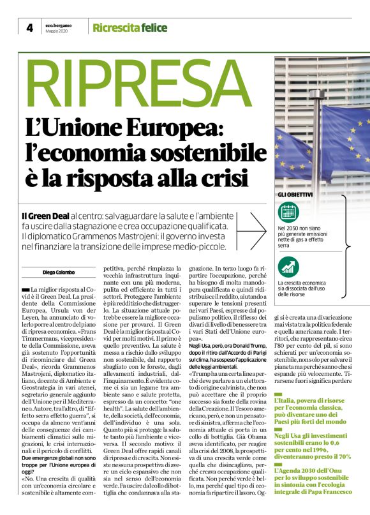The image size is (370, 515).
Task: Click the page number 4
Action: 29,27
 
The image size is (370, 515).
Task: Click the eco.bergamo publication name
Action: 58,24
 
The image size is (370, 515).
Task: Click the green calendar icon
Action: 288,212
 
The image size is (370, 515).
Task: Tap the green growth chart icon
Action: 288,267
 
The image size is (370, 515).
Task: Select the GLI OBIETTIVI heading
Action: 294,194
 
